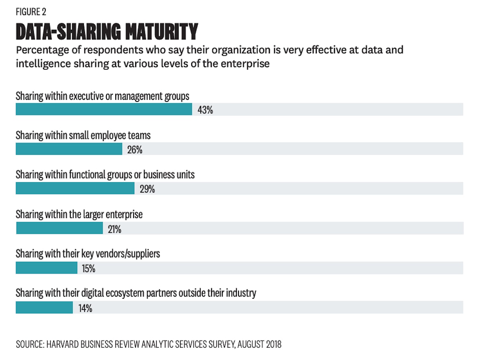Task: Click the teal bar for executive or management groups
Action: pyautogui.click(x=104, y=109)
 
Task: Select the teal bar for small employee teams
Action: pyautogui.click(x=69, y=149)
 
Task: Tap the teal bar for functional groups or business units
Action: pyautogui.click(x=75, y=188)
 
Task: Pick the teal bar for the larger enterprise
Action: pyautogui.click(x=59, y=228)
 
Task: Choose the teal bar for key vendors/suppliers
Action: pyautogui.click(x=47, y=268)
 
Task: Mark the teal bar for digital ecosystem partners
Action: pyautogui.click(x=44, y=307)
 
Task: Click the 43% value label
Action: pyautogui.click(x=205, y=110)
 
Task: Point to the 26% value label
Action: pyautogui.click(x=135, y=150)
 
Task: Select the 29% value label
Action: pyautogui.click(x=147, y=189)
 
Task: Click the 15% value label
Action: pyautogui.click(x=89, y=269)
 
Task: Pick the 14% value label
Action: pyautogui.click(x=85, y=308)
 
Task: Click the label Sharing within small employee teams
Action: pyautogui.click(x=83, y=135)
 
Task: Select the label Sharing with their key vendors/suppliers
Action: pyautogui.click(x=88, y=254)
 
